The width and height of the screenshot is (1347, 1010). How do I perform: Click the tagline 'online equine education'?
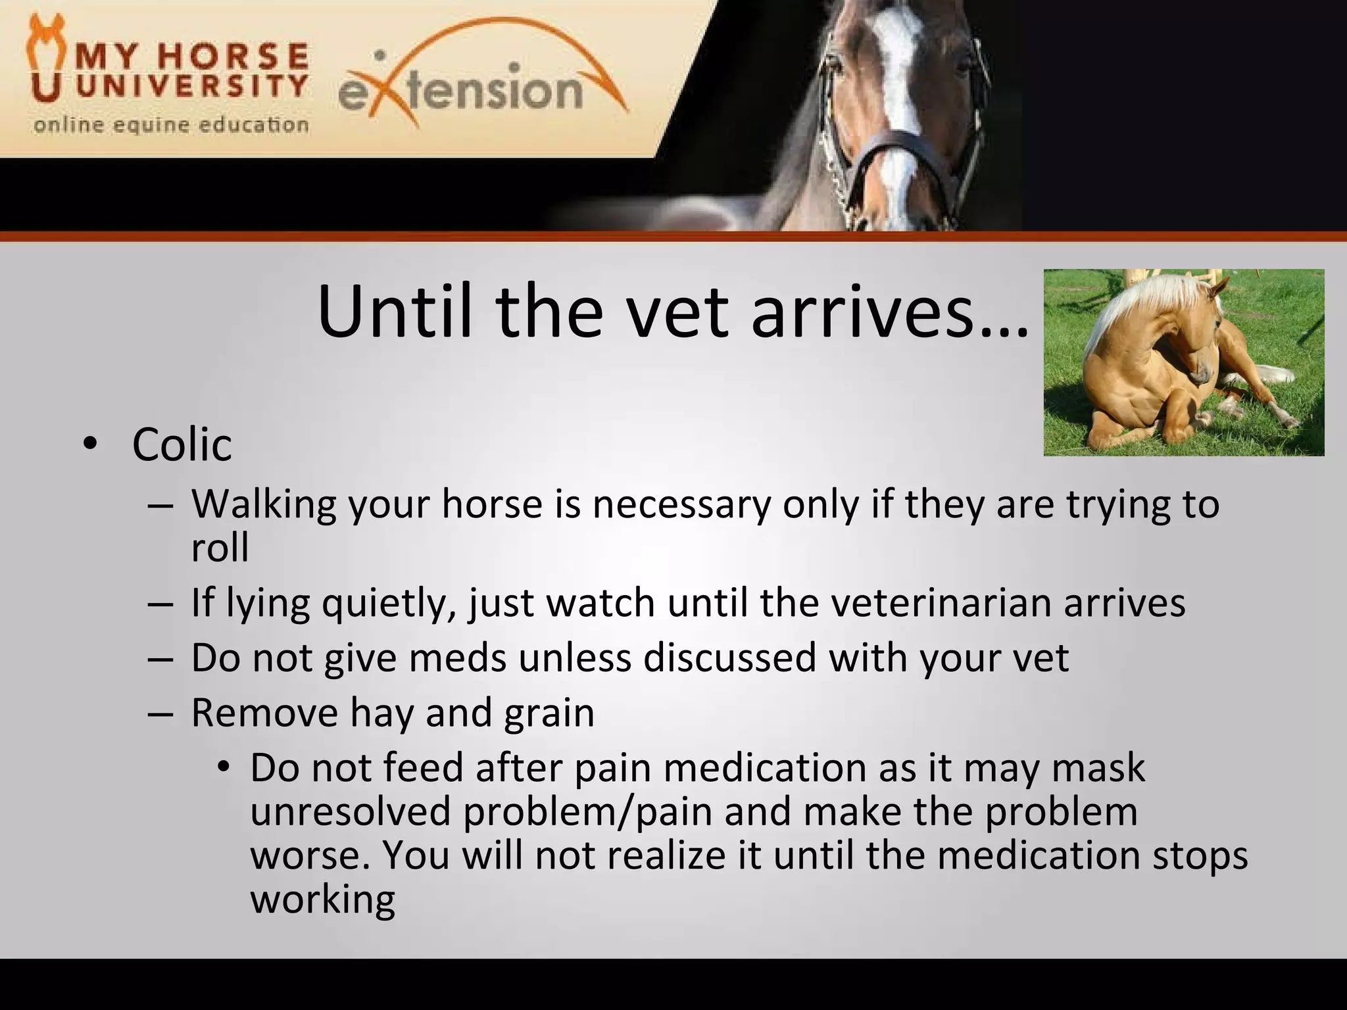(171, 125)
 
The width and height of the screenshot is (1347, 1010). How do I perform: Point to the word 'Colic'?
(182, 445)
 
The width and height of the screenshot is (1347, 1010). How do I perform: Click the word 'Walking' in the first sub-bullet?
(263, 505)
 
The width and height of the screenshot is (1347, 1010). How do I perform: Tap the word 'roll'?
(220, 548)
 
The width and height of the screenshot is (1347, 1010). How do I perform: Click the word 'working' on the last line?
(322, 900)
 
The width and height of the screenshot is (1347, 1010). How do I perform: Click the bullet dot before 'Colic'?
(89, 446)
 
